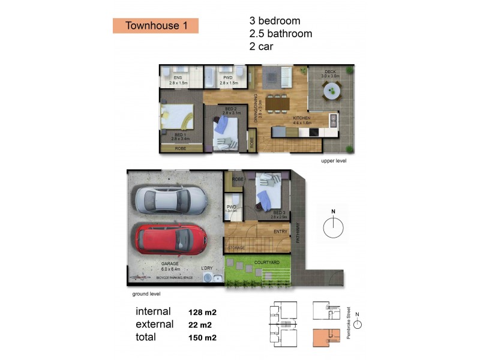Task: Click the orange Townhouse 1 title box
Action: pyautogui.click(x=155, y=25)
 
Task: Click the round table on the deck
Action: pyautogui.click(x=331, y=92)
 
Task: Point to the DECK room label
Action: pyautogui.click(x=330, y=71)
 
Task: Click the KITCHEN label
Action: pyautogui.click(x=301, y=118)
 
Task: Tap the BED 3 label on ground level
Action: pyautogui.click(x=279, y=212)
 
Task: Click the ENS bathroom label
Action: pyautogui.click(x=178, y=78)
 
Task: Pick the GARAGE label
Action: pyautogui.click(x=170, y=263)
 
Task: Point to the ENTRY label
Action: pyautogui.click(x=280, y=232)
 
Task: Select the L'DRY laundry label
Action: pyautogui.click(x=207, y=268)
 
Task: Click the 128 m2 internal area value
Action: pyautogui.click(x=202, y=312)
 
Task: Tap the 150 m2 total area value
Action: pyautogui.click(x=202, y=338)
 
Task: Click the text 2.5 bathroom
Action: pyautogui.click(x=280, y=34)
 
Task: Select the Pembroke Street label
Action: pyautogui.click(x=349, y=324)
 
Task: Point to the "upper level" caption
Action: pyautogui.click(x=334, y=161)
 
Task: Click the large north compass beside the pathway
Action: pyautogui.click(x=333, y=228)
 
